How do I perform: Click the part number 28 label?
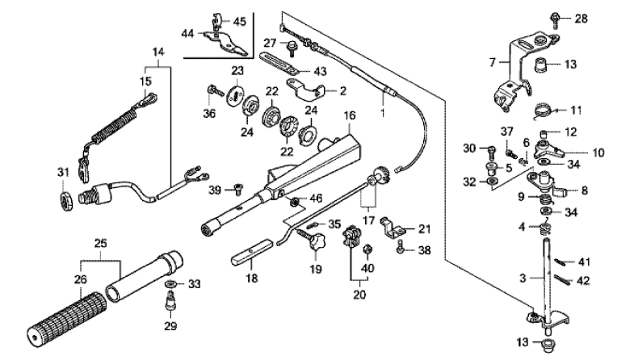[581, 18]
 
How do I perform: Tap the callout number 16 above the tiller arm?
[349, 116]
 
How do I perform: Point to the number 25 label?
[101, 242]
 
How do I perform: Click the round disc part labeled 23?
[237, 93]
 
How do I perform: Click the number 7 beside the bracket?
[492, 61]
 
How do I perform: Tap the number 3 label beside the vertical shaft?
[523, 277]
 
